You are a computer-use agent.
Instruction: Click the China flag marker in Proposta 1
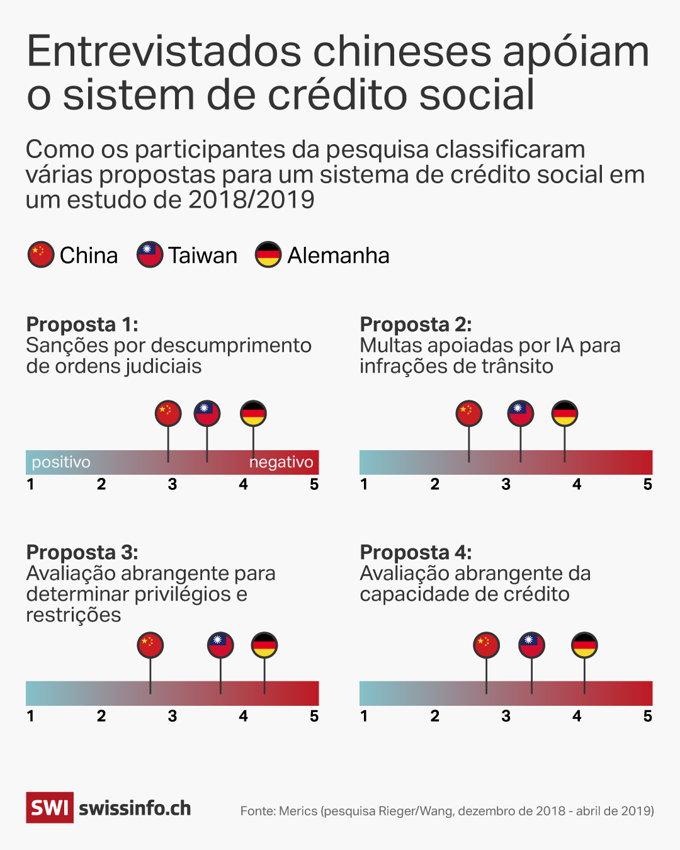click(x=168, y=414)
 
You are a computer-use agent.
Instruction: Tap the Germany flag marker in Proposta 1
click(x=253, y=414)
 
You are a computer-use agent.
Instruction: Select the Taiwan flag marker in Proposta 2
click(x=521, y=414)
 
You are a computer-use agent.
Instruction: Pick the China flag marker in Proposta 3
click(x=150, y=645)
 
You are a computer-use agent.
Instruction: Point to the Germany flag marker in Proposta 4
click(x=584, y=645)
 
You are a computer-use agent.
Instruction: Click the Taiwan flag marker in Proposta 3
click(x=220, y=645)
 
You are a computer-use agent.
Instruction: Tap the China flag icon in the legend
click(x=41, y=255)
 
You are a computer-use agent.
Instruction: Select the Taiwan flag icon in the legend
click(x=150, y=255)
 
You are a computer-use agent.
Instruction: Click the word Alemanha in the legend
click(x=338, y=256)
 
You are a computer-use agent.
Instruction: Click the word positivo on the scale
click(x=61, y=462)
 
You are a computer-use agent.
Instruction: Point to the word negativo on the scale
click(x=281, y=462)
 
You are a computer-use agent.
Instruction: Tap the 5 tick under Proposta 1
click(x=314, y=485)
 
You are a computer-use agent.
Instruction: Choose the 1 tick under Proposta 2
click(x=364, y=485)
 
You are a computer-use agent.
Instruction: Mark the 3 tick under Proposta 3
click(x=173, y=717)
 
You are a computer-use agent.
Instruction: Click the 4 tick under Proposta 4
click(x=577, y=717)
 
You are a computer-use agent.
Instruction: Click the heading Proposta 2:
click(x=416, y=324)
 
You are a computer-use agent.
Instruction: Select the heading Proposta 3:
click(x=82, y=552)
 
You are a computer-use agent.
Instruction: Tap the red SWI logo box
click(x=50, y=808)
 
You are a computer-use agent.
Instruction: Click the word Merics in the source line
click(x=298, y=811)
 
